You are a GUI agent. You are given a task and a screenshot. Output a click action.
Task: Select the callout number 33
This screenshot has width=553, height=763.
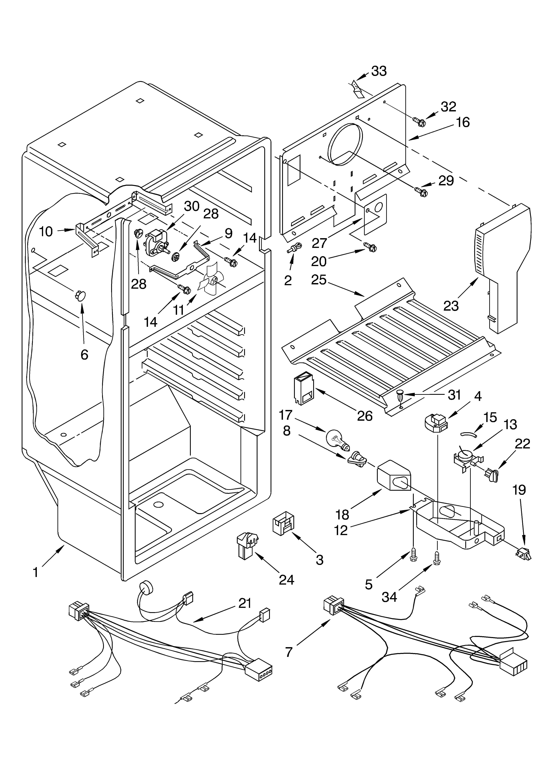[x=379, y=71]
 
